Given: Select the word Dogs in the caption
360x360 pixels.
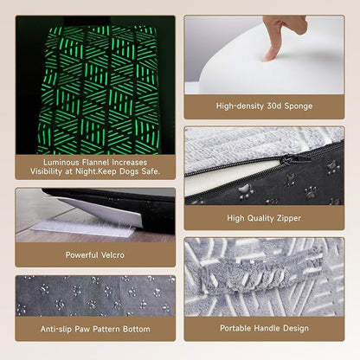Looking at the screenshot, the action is click(x=129, y=171).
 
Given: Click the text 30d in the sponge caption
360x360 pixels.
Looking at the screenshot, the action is click(x=274, y=106).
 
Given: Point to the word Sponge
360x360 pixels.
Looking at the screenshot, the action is click(x=299, y=106).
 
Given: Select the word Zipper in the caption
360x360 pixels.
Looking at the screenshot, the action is click(x=288, y=218).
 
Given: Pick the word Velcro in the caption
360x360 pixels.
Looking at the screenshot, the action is click(x=112, y=255).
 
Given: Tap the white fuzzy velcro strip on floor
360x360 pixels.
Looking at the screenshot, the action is click(x=84, y=228).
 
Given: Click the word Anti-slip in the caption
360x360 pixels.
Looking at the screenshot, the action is click(x=56, y=329).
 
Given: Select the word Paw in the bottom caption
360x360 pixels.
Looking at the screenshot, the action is click(x=81, y=329).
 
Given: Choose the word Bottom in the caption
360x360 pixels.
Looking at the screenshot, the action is click(x=137, y=329).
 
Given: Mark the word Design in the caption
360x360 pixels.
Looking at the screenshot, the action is click(x=296, y=328).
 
